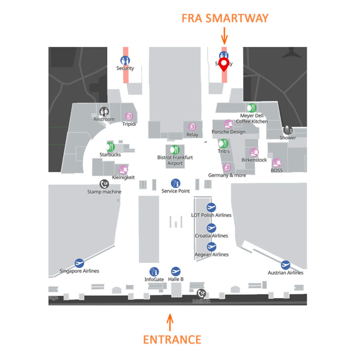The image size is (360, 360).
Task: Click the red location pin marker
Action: (224, 64)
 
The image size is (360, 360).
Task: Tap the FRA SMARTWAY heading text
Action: (225, 18)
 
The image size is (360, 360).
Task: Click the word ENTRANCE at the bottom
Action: (172, 340)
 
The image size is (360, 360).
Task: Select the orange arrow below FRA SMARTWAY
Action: (224, 36)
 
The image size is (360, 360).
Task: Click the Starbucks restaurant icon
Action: (110, 147)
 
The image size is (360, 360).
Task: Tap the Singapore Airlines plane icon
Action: (79, 263)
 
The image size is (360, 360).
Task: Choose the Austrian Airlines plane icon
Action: (285, 265)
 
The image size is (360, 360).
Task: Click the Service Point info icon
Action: (175, 183)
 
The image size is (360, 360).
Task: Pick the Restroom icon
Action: (104, 111)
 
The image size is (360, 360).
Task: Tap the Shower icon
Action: (288, 130)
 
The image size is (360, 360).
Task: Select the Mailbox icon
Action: (201, 294)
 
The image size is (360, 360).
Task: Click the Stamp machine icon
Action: (104, 184)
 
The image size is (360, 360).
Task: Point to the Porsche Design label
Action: (228, 132)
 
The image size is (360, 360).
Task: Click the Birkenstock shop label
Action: (254, 160)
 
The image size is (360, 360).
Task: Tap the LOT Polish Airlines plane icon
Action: (211, 207)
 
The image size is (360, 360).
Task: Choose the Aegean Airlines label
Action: (212, 254)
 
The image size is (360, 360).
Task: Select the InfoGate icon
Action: (154, 272)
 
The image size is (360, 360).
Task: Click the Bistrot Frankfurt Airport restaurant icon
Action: (175, 150)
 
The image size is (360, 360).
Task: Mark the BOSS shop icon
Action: (276, 163)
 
